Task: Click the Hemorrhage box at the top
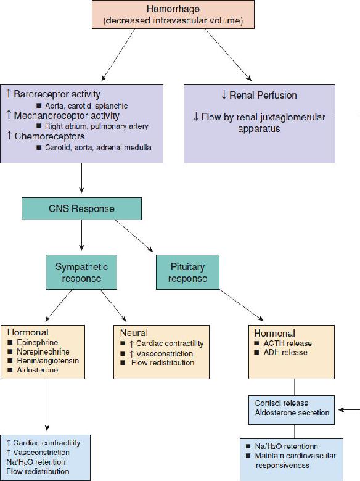(x=173, y=14)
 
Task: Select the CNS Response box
(x=81, y=208)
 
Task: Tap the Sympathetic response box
(x=81, y=272)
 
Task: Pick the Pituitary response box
(x=187, y=272)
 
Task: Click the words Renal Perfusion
(x=263, y=95)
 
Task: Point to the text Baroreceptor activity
(x=57, y=94)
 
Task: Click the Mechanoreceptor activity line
(x=67, y=116)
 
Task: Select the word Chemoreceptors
(x=49, y=136)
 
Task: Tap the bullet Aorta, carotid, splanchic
(x=82, y=106)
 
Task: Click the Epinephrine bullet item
(x=33, y=343)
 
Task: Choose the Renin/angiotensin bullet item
(x=44, y=361)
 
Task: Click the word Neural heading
(x=134, y=333)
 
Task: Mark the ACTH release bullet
(x=283, y=343)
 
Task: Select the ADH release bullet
(x=281, y=353)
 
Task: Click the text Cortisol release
(x=282, y=403)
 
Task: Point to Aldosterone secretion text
(x=292, y=413)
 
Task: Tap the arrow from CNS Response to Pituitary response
(x=134, y=236)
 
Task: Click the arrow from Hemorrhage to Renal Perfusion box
(x=229, y=55)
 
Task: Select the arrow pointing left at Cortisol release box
(x=350, y=410)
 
